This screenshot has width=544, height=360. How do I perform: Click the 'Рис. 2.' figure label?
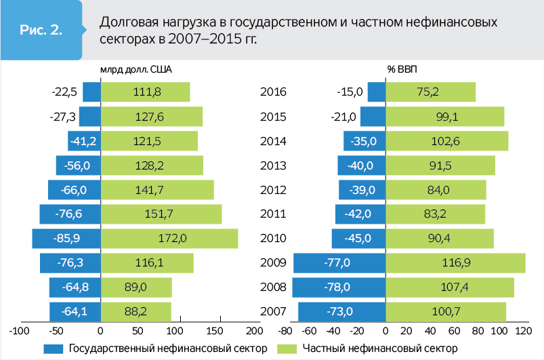[x=41, y=31]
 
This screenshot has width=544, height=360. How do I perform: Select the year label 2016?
[x=274, y=92]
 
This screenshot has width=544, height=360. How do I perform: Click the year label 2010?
[x=274, y=239]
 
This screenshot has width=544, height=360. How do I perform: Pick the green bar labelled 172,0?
[x=169, y=239]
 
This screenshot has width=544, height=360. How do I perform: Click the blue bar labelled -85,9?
[x=66, y=239]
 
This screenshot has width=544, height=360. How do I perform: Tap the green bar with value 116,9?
[x=455, y=263]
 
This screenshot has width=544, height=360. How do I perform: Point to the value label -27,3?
[x=62, y=117]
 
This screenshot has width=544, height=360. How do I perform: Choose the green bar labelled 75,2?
[x=430, y=92]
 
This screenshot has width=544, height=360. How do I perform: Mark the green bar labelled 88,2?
[x=135, y=312]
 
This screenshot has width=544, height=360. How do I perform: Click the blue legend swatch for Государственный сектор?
[x=54, y=348]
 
